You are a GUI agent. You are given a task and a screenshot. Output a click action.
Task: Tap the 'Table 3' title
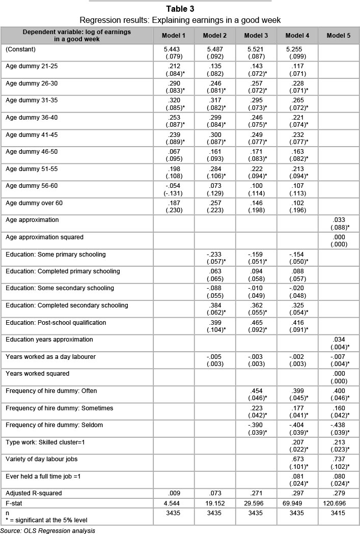click(x=180, y=8)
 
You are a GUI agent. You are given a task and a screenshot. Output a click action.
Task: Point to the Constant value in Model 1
click(x=174, y=52)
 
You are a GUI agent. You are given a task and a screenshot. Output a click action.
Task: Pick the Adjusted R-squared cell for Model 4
click(x=298, y=493)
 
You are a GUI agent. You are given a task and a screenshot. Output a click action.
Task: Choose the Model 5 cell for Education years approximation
click(x=339, y=343)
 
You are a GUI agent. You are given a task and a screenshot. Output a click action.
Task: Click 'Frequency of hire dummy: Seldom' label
click(x=53, y=425)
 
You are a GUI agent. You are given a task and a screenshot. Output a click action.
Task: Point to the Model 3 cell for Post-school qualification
click(x=257, y=326)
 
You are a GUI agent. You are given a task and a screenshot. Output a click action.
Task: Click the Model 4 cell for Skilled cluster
click(x=298, y=445)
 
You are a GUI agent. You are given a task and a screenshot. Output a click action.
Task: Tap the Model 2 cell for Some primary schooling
click(x=215, y=258)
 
